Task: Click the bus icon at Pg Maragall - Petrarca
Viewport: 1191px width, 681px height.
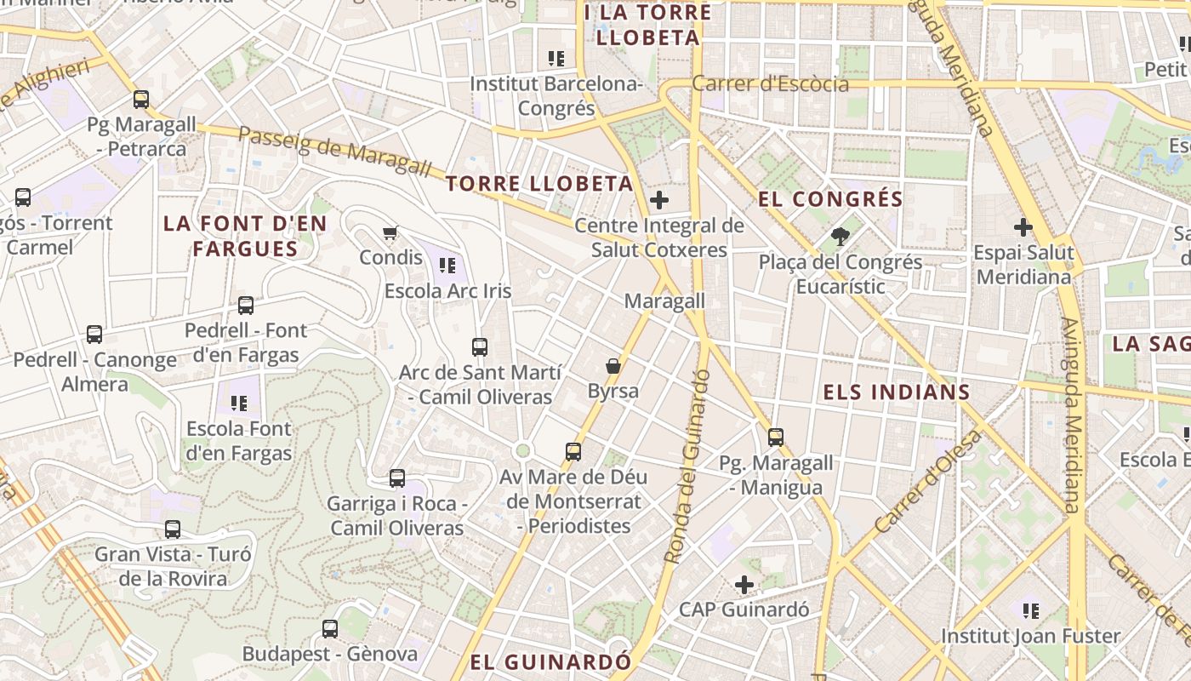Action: [x=141, y=100]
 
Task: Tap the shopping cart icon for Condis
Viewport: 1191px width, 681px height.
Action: [x=390, y=232]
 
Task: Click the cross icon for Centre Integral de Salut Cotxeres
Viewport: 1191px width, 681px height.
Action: [x=658, y=201]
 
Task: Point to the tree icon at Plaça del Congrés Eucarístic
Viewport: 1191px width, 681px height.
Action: [x=841, y=237]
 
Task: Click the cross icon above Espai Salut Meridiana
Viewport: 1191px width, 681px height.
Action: [x=1023, y=227]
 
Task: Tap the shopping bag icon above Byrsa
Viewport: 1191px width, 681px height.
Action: [x=613, y=366]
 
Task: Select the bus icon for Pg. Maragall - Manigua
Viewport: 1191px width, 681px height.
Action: [x=776, y=438]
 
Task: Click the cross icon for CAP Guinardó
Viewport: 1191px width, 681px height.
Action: [x=744, y=585]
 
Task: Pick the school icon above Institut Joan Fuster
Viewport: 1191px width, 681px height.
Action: [x=1031, y=610]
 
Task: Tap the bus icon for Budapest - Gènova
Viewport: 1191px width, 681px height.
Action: [x=330, y=629]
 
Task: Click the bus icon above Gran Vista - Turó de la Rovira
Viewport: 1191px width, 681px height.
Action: [x=173, y=529]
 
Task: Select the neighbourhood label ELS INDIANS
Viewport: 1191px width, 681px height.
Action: [x=897, y=392]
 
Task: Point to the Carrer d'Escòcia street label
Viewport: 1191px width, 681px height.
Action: [x=770, y=84]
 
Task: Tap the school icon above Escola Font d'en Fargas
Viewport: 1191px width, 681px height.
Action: [x=239, y=403]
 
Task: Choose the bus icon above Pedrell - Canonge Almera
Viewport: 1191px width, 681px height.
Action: [x=94, y=335]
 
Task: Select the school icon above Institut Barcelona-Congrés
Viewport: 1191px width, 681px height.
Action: [x=556, y=59]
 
